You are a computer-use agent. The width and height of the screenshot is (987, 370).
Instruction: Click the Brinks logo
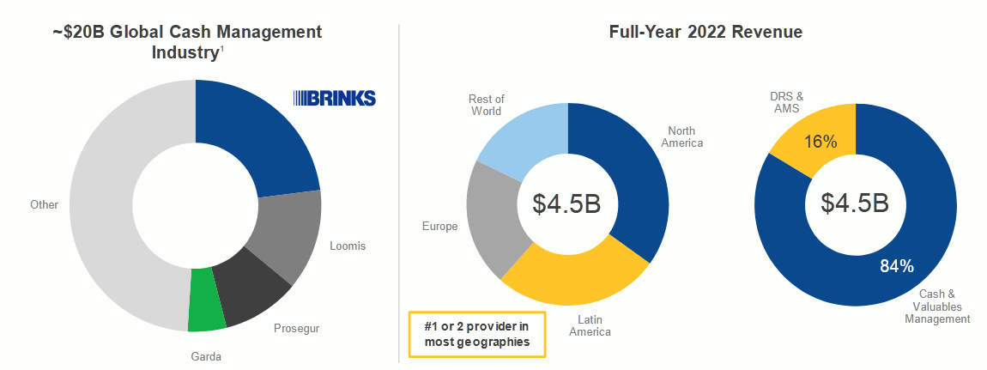(334, 98)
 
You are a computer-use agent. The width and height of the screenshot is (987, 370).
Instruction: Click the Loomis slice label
(348, 246)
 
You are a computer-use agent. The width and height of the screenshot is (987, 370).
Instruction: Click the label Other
(45, 204)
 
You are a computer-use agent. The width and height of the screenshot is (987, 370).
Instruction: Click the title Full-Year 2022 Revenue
(705, 33)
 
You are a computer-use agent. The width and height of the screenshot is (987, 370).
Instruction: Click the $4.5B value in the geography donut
(567, 203)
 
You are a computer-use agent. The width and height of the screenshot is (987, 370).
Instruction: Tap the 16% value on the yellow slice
(820, 141)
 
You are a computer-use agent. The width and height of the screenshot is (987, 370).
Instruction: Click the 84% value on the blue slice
(897, 266)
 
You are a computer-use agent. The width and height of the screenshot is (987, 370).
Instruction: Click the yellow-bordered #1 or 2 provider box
(476, 334)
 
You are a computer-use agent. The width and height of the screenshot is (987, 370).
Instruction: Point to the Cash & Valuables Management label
(938, 306)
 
